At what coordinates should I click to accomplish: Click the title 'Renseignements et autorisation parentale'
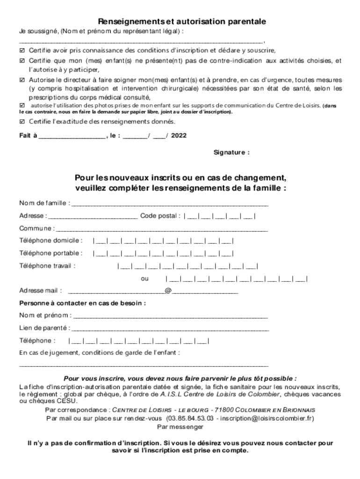tap(182, 22)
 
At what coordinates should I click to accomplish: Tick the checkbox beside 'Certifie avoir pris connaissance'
tap(22, 50)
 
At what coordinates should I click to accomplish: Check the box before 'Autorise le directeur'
tap(22, 80)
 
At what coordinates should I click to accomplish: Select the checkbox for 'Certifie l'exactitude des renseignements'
tap(22, 122)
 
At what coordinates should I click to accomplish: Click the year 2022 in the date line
tap(179, 136)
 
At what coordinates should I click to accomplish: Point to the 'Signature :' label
tap(231, 152)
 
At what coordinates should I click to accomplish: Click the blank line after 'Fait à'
tap(72, 136)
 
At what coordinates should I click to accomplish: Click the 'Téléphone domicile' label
tap(51, 241)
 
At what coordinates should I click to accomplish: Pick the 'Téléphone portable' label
tap(51, 254)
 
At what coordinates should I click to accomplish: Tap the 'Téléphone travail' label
tap(47, 266)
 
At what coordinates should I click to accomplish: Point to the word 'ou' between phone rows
tap(145, 279)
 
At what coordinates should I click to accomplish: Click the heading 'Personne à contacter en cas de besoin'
tap(82, 303)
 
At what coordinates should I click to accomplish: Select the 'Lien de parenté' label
tap(44, 328)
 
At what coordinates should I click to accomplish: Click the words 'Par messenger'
tap(180, 427)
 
